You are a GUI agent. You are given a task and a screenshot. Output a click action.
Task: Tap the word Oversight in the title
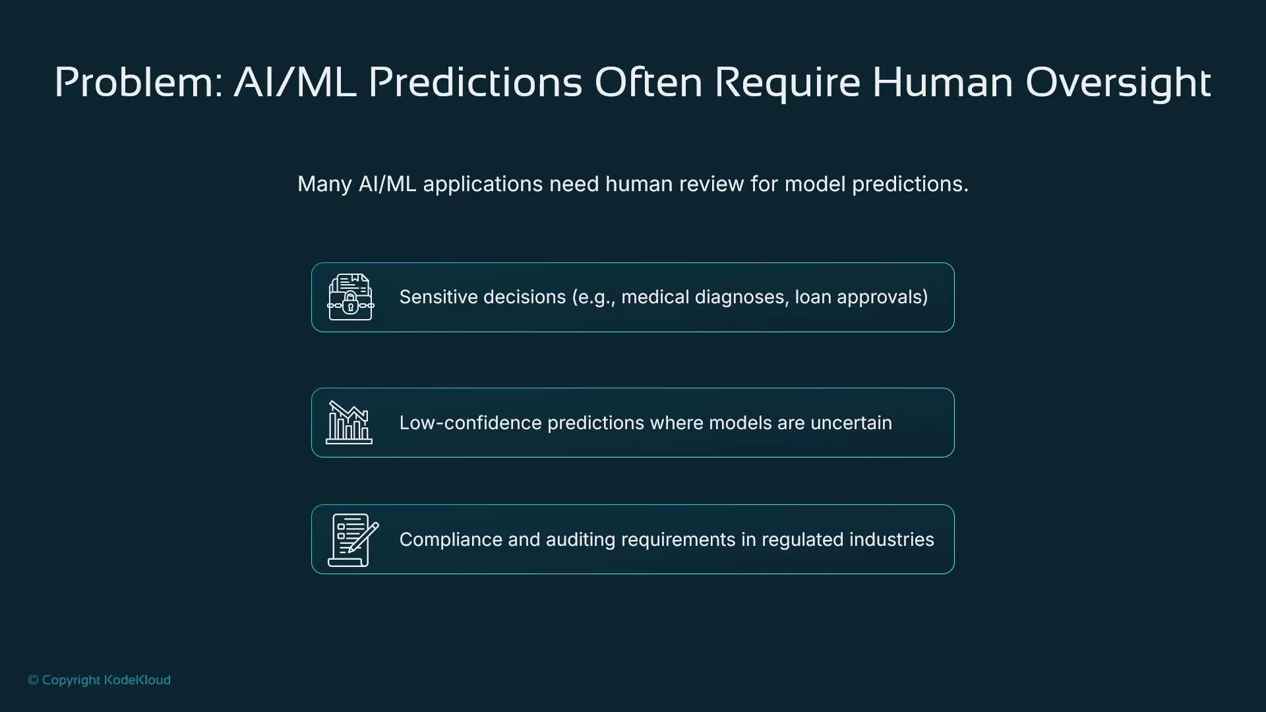click(x=1118, y=84)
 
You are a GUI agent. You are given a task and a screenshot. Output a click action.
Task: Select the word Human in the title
click(x=942, y=82)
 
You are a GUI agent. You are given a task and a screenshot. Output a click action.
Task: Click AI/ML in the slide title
click(x=295, y=82)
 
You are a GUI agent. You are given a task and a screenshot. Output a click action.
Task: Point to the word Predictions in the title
click(x=475, y=82)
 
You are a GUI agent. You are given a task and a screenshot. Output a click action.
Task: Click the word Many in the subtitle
click(x=324, y=185)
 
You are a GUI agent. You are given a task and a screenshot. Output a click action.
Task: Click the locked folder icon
click(x=350, y=297)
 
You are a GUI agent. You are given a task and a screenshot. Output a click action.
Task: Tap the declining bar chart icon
click(x=349, y=423)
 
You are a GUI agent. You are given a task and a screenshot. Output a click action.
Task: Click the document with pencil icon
click(x=353, y=540)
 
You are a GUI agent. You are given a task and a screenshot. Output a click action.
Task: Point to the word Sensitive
click(x=440, y=297)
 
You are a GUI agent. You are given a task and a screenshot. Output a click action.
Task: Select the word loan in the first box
click(x=812, y=297)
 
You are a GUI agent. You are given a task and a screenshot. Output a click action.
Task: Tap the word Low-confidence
click(x=470, y=423)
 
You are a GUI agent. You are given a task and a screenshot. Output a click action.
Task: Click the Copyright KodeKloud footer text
click(x=100, y=680)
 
